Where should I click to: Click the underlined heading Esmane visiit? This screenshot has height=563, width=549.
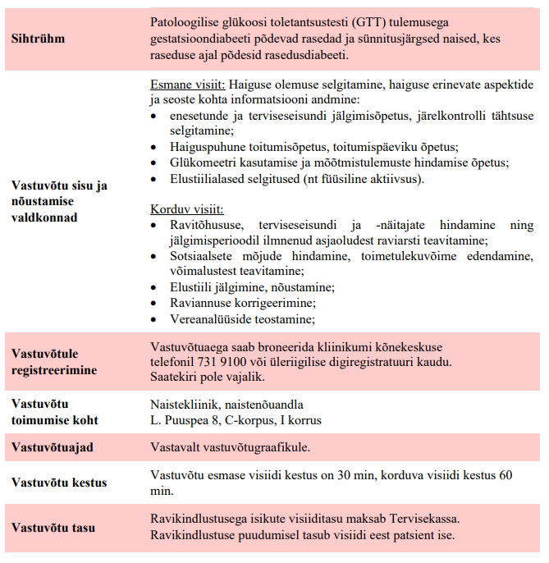tap(187, 85)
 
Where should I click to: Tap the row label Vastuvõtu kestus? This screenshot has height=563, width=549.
tap(59, 483)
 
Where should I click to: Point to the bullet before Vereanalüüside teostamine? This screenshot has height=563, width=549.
tap(156, 319)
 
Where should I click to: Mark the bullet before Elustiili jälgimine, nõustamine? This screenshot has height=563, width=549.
tap(156, 288)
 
